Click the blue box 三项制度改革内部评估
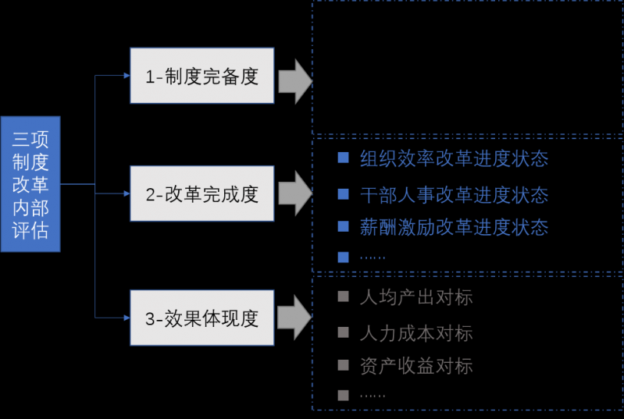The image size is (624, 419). tap(30, 184)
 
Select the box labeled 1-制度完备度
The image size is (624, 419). tap(201, 76)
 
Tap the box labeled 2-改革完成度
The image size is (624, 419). tap(201, 194)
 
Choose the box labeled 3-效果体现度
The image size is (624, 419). tap(201, 318)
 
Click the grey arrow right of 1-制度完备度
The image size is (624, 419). tap(295, 78)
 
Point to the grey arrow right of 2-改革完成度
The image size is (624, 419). tap(295, 194)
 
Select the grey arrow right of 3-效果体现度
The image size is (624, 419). tap(295, 318)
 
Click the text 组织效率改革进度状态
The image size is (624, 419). tap(454, 158)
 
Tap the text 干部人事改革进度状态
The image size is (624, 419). tap(454, 194)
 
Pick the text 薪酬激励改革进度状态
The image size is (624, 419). tap(454, 226)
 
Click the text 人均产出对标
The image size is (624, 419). tap(416, 297)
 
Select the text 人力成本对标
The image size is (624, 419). tap(416, 333)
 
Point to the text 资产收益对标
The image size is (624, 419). tap(416, 365)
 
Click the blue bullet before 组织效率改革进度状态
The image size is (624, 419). tap(342, 158)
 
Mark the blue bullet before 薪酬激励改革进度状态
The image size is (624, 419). tap(342, 226)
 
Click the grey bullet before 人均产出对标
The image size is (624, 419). tap(342, 297)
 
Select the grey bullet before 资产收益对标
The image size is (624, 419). tap(342, 365)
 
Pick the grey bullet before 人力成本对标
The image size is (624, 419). tap(342, 333)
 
